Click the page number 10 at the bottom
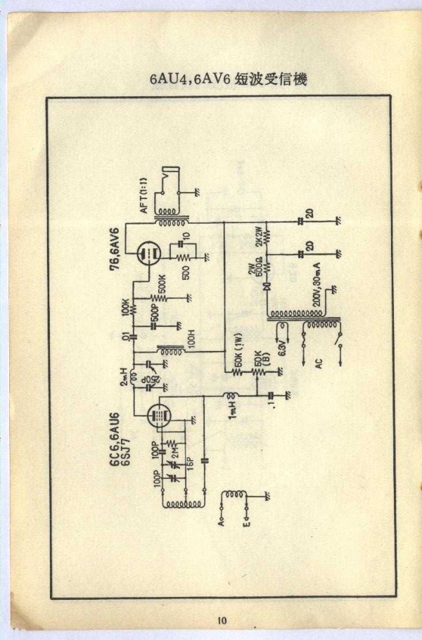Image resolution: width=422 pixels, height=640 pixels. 222,620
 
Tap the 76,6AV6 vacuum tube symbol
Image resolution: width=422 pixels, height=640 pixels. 148,255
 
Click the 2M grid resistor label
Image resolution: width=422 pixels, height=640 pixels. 174,447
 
